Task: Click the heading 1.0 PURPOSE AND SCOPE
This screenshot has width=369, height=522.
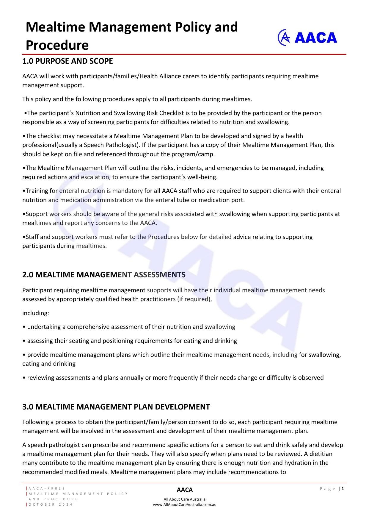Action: [x=67, y=61]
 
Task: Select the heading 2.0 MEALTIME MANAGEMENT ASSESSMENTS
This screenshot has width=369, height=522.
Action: [x=104, y=275]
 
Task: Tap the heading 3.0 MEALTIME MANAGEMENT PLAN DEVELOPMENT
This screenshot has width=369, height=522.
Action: [x=116, y=407]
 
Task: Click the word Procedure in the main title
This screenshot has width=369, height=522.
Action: [x=57, y=46]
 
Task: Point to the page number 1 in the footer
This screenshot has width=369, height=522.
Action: [x=343, y=489]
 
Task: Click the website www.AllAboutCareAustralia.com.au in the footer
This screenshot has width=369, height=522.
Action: [x=185, y=505]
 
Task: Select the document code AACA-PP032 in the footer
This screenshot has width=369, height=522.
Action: [x=47, y=489]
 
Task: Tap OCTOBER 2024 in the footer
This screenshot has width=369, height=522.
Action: [x=51, y=504]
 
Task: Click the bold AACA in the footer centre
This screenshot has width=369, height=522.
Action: [x=185, y=490]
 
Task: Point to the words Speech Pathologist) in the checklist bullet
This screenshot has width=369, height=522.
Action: [x=111, y=145]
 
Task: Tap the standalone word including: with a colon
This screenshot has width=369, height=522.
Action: [x=36, y=313]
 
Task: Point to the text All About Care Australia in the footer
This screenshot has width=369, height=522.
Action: [x=185, y=499]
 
